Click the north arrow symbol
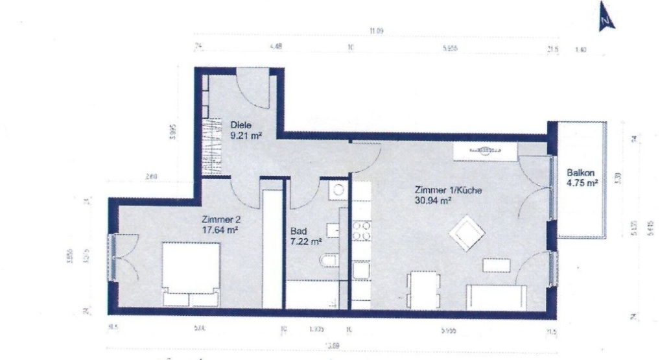605,21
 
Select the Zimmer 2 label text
222,219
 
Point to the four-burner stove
361,232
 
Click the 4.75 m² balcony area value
581,183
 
